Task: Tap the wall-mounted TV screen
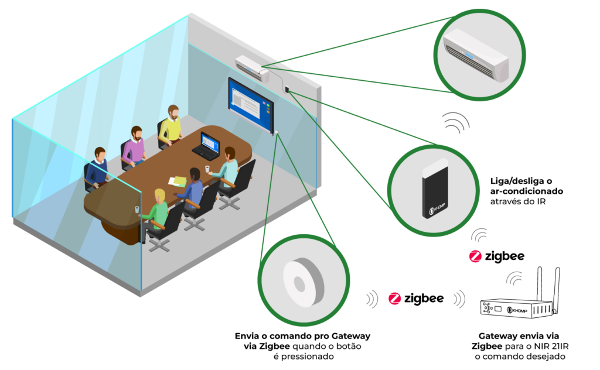click(251, 104)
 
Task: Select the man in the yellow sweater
click(171, 125)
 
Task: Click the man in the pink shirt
click(135, 146)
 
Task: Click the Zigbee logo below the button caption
click(417, 298)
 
